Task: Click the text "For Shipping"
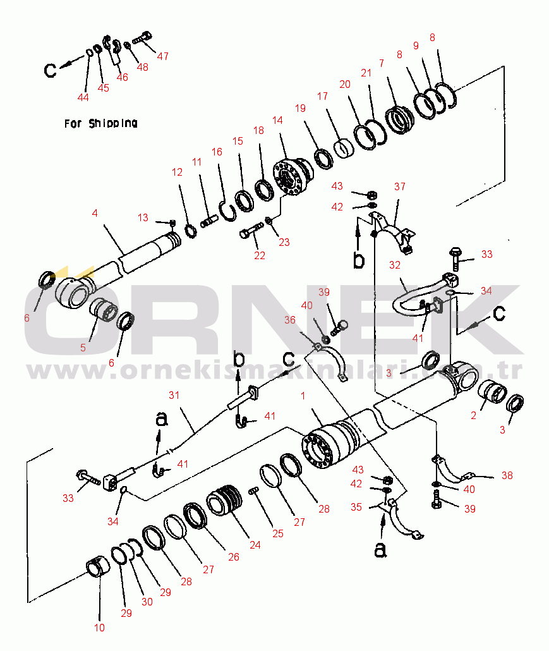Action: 100,123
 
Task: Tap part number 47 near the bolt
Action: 163,56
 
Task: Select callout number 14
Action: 278,120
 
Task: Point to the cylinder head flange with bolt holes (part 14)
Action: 291,178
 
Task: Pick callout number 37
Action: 400,186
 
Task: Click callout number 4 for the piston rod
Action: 95,214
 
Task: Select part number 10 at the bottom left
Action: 99,628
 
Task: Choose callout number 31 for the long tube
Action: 174,395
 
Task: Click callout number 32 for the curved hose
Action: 395,265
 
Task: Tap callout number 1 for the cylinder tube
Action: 303,396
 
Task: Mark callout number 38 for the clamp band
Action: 507,476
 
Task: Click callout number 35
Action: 356,506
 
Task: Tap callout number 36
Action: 289,320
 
